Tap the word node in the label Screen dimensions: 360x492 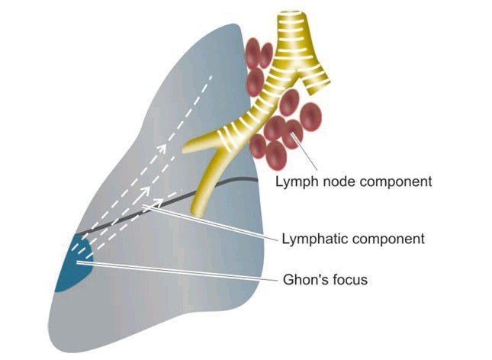pos(336,182)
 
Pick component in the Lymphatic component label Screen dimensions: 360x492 pos(385,239)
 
